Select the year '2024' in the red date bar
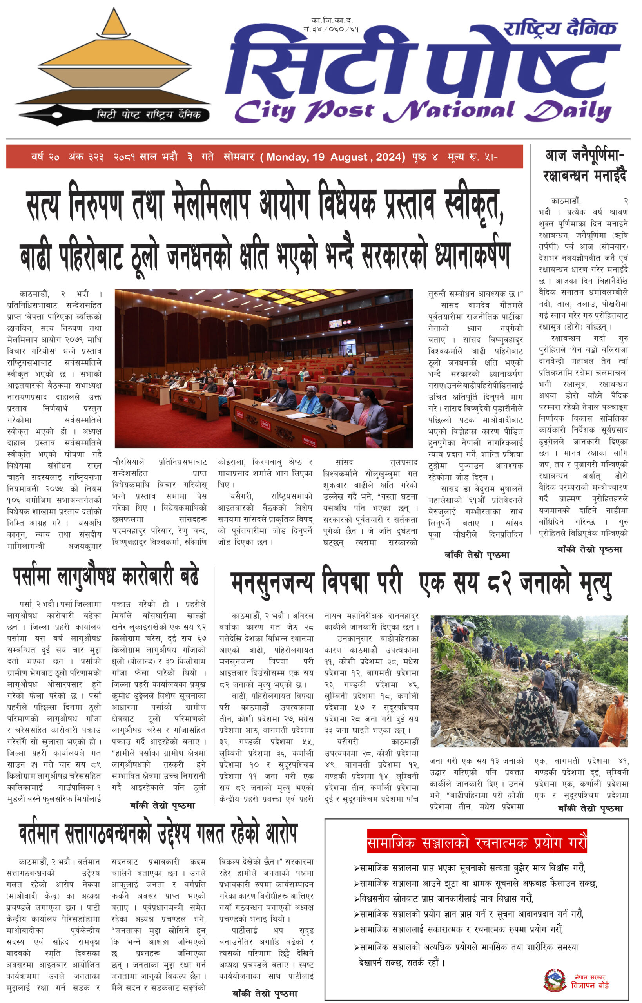tap(390, 157)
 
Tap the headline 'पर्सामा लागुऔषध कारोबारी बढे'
tap(106, 577)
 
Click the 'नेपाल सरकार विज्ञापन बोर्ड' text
tap(589, 982)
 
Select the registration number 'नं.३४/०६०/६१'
tap(332, 29)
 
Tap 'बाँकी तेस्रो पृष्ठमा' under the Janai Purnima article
tap(589, 549)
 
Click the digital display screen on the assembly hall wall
tap(336, 323)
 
